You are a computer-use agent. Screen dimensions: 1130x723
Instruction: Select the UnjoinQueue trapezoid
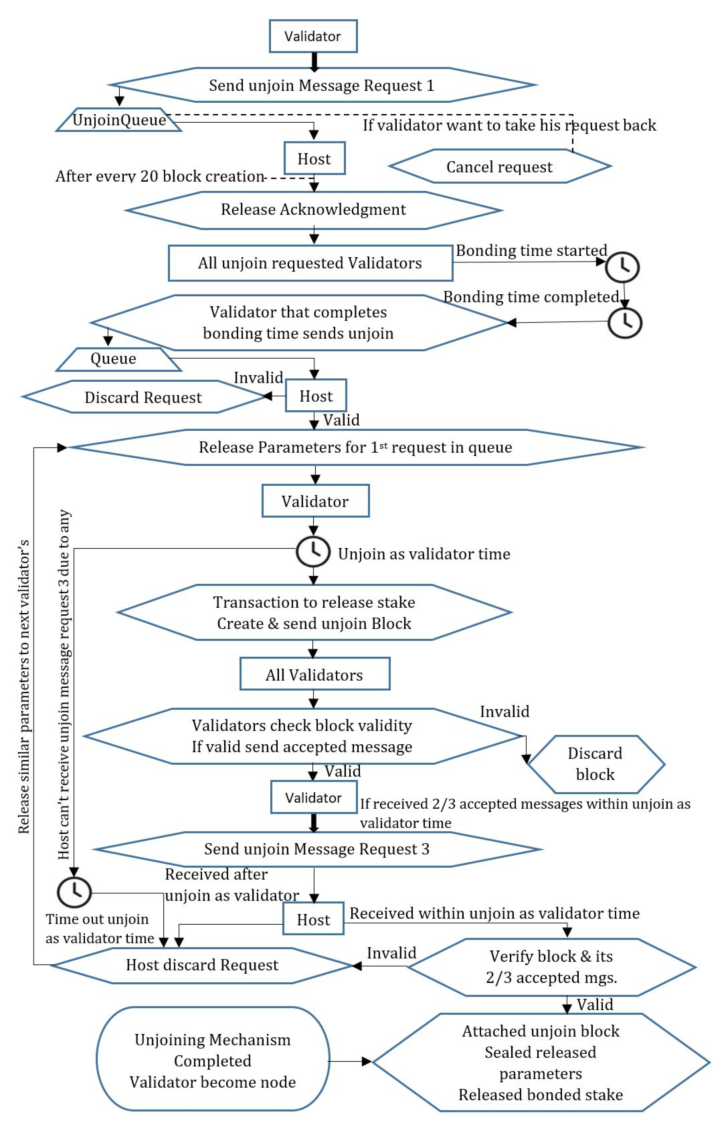pos(119,120)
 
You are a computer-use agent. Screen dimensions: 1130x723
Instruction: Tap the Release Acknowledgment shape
pos(314,210)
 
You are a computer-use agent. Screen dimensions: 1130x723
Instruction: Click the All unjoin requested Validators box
pos(310,263)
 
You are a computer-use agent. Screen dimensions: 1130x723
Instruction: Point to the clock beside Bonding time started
pos(622,267)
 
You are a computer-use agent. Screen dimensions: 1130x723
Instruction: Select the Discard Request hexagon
pos(143,397)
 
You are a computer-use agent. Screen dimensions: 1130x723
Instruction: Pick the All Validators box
pos(314,674)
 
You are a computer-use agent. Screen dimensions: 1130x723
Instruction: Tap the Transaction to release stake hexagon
pos(314,613)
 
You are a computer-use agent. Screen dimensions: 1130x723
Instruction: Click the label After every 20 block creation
pos(160,176)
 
